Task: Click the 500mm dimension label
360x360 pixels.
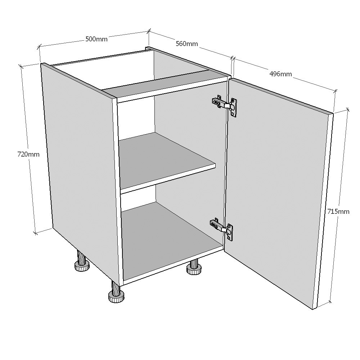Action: [x=96, y=39]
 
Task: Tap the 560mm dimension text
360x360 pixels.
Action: [x=186, y=44]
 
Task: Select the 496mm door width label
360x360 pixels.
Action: [x=280, y=74]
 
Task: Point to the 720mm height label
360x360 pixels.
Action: [x=28, y=154]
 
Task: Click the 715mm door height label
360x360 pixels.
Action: [x=338, y=211]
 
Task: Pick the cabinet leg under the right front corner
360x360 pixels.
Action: [x=194, y=267]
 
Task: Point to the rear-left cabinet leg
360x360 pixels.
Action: [x=82, y=262]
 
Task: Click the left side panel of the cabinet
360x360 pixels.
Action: [x=81, y=170]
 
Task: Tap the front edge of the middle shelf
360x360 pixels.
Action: [x=168, y=179]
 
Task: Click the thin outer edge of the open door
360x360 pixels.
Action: [x=325, y=211]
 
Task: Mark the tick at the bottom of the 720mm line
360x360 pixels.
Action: [x=35, y=233]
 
